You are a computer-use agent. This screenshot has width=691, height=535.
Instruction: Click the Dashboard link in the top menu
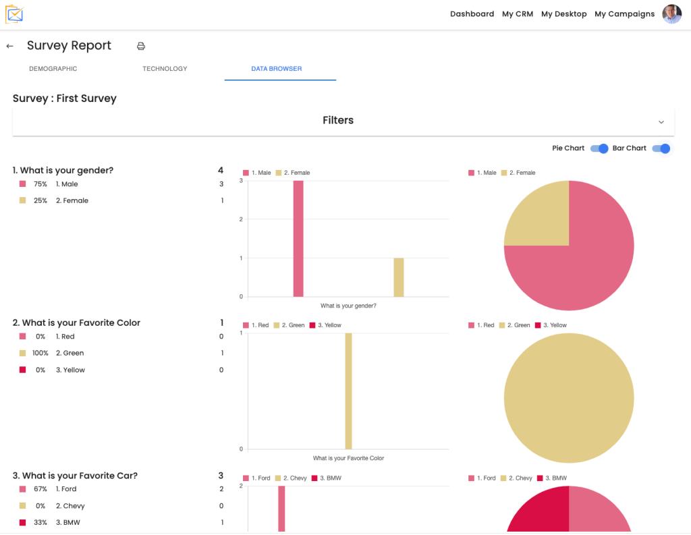pyautogui.click(x=472, y=14)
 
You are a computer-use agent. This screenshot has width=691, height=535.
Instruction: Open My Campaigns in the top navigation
pyautogui.click(x=624, y=14)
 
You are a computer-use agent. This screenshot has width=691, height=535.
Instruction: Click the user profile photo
pyautogui.click(x=671, y=14)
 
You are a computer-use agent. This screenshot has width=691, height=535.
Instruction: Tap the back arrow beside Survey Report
pyautogui.click(x=9, y=46)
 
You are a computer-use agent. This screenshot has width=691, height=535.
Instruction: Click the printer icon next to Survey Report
pyautogui.click(x=141, y=46)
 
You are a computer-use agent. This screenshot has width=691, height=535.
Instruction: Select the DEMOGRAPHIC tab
pyautogui.click(x=53, y=69)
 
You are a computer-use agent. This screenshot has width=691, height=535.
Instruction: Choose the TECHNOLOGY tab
pyautogui.click(x=165, y=69)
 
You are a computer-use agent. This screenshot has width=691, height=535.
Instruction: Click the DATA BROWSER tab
pyautogui.click(x=276, y=69)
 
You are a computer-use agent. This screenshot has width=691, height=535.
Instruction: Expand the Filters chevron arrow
pyautogui.click(x=661, y=121)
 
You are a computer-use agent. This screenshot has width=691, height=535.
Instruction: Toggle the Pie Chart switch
pyautogui.click(x=599, y=148)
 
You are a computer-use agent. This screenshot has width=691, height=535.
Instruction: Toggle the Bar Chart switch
pyautogui.click(x=661, y=148)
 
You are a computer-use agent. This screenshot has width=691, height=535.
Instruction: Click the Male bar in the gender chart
pyautogui.click(x=298, y=238)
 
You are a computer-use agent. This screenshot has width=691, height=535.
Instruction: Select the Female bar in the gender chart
pyautogui.click(x=399, y=277)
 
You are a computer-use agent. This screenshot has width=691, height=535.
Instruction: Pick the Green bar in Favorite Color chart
pyautogui.click(x=348, y=391)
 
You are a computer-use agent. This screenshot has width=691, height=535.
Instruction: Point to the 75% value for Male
pyautogui.click(x=40, y=184)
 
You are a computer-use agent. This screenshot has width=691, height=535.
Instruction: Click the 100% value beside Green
pyautogui.click(x=40, y=354)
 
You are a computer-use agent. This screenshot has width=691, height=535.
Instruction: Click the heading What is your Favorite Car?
pyautogui.click(x=75, y=476)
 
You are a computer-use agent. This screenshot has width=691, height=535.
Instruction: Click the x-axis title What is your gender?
pyautogui.click(x=348, y=306)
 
